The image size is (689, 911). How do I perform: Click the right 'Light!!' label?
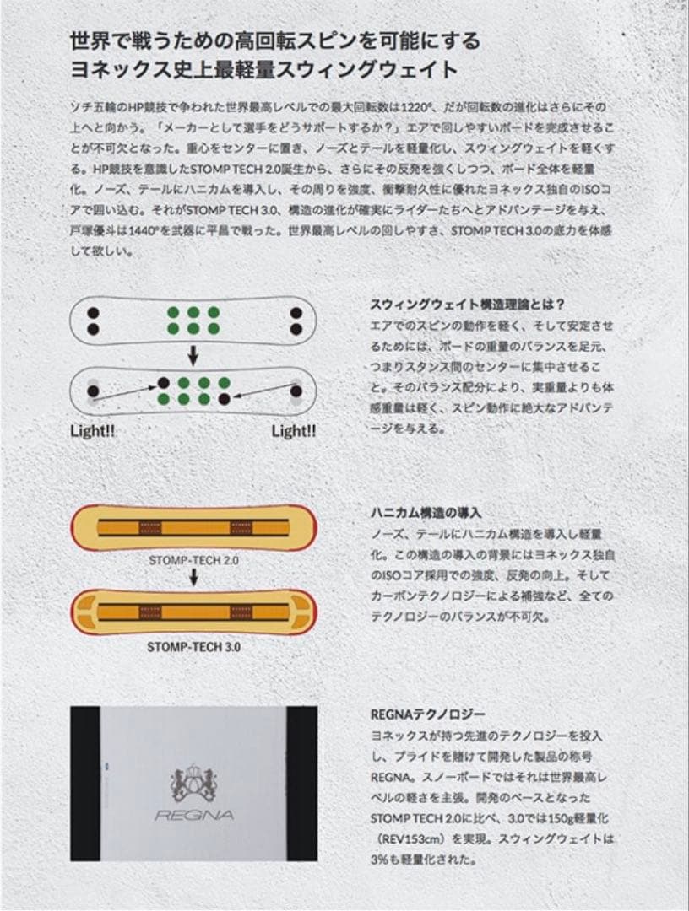(x=294, y=431)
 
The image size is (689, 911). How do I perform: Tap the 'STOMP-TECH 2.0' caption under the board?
(x=193, y=558)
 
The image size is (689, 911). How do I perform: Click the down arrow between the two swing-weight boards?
(x=193, y=354)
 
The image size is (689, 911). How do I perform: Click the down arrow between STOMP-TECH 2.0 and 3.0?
(x=193, y=578)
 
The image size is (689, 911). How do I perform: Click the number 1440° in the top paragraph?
(x=163, y=230)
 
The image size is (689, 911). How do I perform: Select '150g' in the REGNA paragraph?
(x=562, y=818)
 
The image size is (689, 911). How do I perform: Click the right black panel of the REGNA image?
(x=302, y=783)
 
